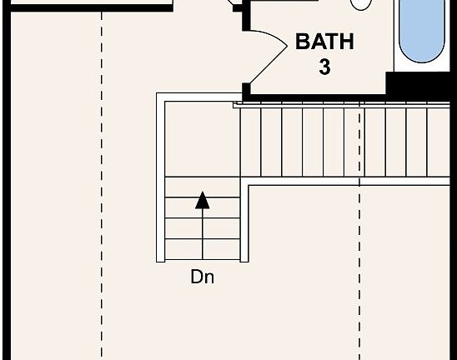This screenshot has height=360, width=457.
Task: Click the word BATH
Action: point(324,42)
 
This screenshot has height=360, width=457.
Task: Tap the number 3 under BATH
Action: point(324,67)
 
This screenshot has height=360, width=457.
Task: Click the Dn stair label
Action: point(202,277)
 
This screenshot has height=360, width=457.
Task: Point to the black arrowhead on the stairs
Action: point(203,200)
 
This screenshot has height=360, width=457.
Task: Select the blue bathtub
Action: point(421,31)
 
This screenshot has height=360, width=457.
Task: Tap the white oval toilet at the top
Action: point(361,4)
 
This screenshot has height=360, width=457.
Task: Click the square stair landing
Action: point(203,139)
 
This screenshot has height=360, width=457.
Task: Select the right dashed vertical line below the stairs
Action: point(359,272)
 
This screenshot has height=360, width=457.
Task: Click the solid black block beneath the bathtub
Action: point(418,83)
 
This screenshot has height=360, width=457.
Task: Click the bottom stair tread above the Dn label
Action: point(203,249)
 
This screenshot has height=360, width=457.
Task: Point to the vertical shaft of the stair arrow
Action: point(203,234)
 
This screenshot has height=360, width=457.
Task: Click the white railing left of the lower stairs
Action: point(161,177)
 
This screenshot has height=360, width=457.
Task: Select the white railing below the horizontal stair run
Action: point(349,181)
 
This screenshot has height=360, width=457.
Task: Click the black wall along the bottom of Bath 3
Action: point(319,97)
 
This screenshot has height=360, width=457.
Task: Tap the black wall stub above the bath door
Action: point(246,15)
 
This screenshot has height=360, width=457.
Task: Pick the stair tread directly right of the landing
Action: point(250,142)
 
